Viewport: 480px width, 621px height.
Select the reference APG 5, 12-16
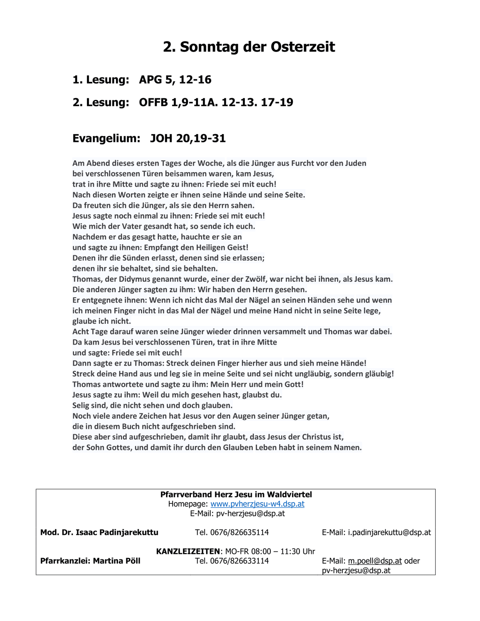pos(175,79)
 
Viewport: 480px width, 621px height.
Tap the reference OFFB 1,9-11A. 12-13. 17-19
pos(216,102)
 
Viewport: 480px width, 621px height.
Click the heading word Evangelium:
pos(106,138)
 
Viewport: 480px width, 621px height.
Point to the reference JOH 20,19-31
pos(188,138)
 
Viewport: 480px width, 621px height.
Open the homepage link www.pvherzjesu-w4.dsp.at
pos(257,504)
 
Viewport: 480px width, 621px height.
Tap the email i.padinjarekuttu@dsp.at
pos(389,532)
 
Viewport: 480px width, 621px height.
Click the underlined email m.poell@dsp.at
pos(374,561)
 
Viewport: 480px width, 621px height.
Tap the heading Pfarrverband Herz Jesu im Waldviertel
pos(236,494)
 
